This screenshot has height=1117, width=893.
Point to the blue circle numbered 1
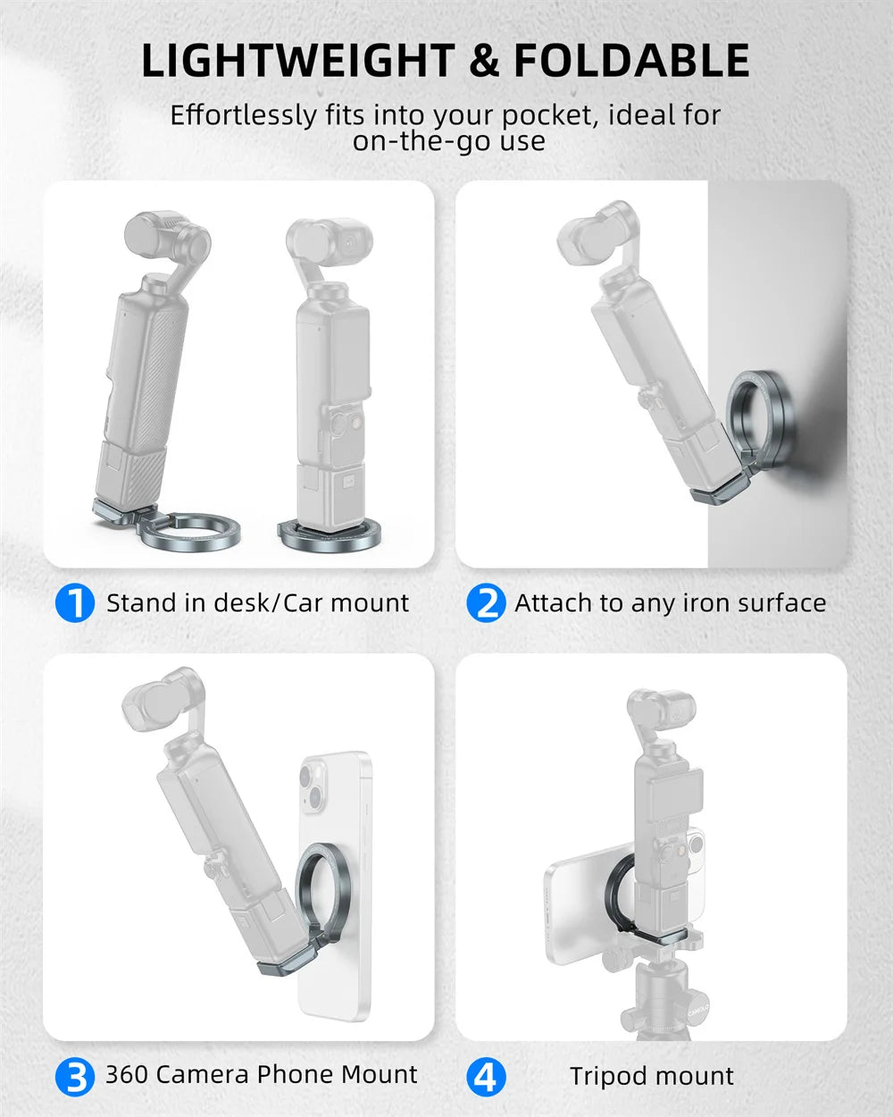pos(75,602)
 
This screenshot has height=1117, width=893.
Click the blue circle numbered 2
pos(486,602)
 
